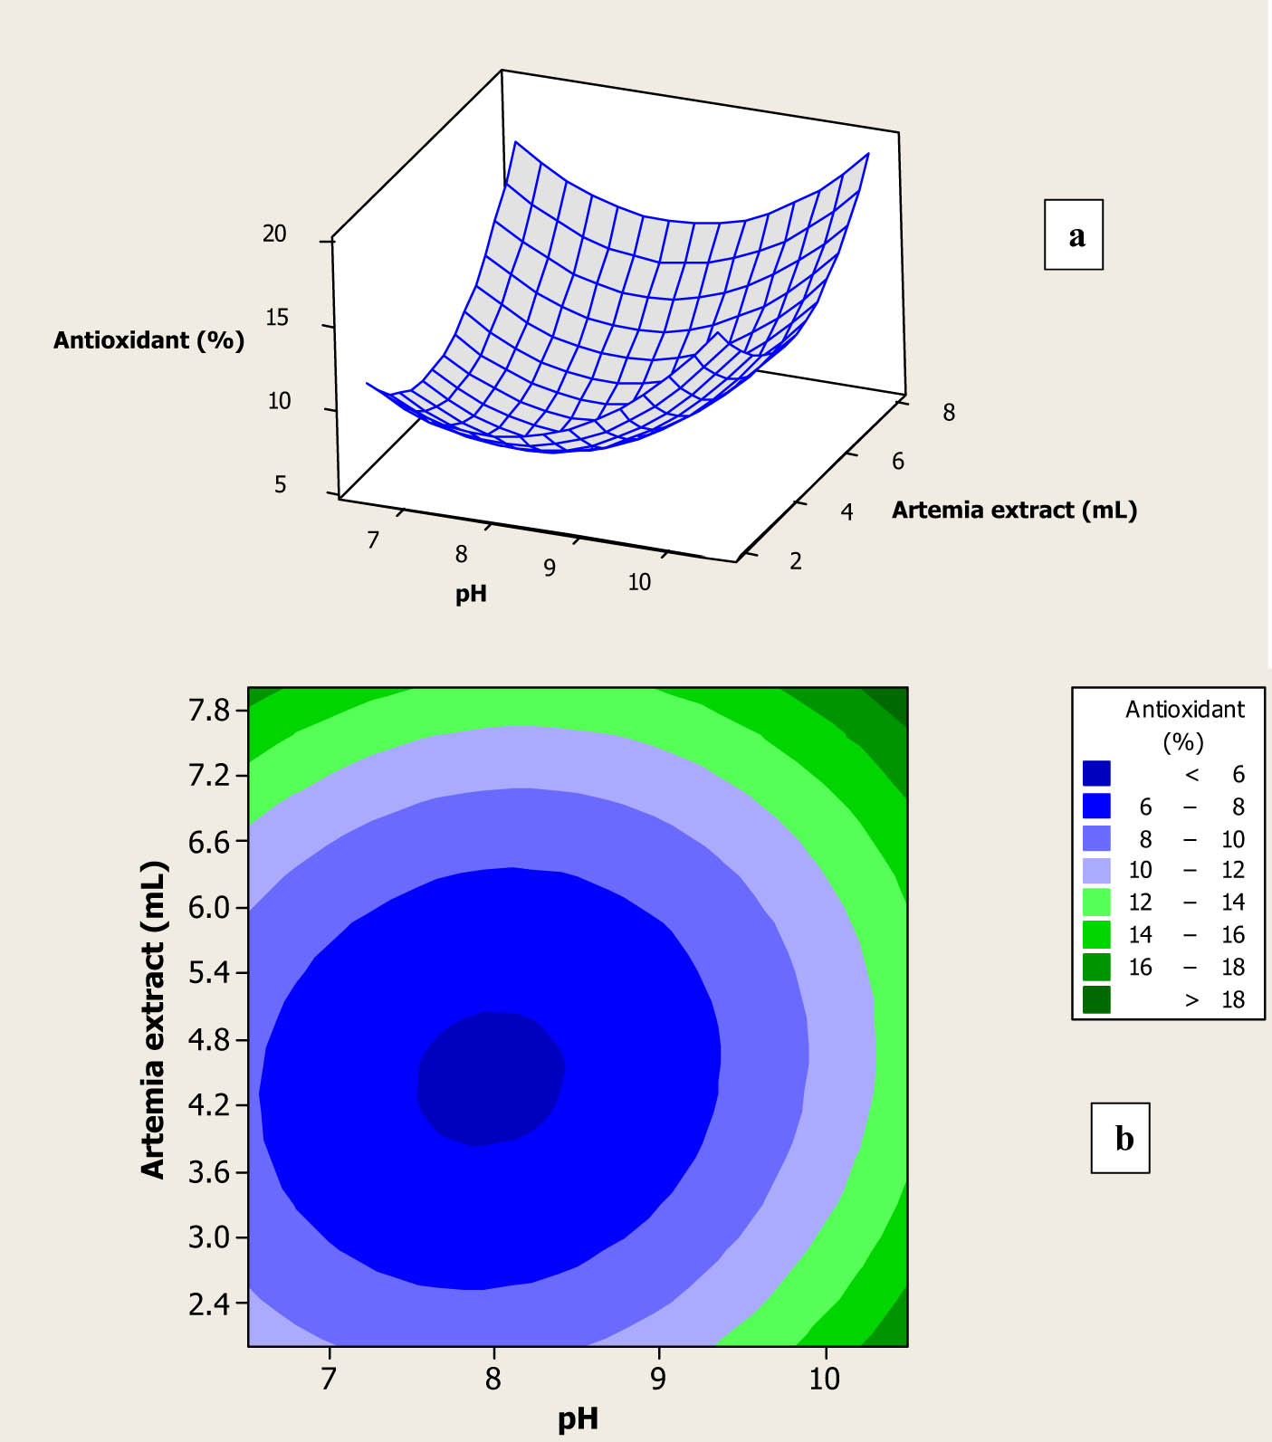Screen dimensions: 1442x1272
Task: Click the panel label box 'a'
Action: (x=1074, y=234)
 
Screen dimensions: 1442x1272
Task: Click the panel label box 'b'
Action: (x=1120, y=1138)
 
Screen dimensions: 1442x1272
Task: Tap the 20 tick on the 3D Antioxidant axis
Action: (x=274, y=234)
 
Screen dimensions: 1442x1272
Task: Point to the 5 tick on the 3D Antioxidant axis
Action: (x=280, y=484)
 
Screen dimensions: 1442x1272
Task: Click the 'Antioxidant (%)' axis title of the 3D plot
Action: (x=148, y=340)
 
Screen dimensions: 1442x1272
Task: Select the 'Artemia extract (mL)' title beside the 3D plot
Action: (x=1014, y=510)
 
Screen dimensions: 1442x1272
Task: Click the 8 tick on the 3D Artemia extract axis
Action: (x=948, y=413)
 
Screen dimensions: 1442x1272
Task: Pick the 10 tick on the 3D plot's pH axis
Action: (x=639, y=582)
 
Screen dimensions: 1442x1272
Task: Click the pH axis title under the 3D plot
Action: (x=471, y=594)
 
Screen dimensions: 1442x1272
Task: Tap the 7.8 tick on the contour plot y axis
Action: (x=209, y=710)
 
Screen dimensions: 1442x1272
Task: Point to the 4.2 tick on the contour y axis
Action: (x=209, y=1105)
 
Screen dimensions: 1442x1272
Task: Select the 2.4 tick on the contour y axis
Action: (x=209, y=1304)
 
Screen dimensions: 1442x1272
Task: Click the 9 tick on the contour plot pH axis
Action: (x=658, y=1379)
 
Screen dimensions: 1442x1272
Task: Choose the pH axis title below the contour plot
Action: (x=578, y=1418)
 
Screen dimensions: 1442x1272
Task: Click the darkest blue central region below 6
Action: (x=490, y=1077)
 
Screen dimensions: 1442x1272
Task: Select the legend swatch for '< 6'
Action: (x=1096, y=773)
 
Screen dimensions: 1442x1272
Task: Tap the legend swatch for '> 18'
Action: (x=1096, y=999)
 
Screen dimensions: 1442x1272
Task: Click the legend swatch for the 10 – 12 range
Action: (x=1096, y=870)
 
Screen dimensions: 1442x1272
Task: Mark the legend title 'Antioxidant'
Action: (x=1184, y=709)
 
